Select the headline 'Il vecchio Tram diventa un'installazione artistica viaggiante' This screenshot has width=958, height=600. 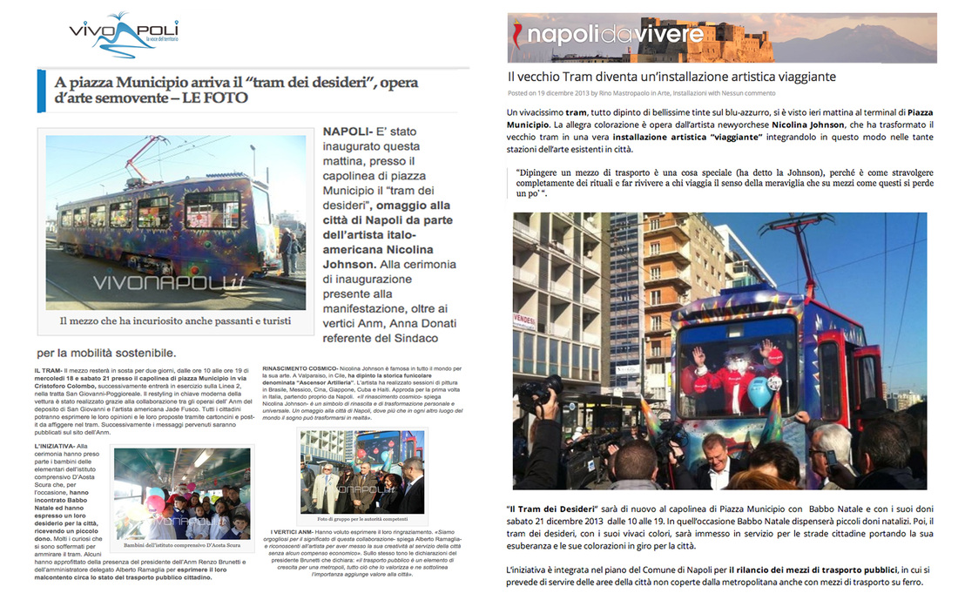tap(671, 77)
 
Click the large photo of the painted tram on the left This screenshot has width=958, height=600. tap(176, 222)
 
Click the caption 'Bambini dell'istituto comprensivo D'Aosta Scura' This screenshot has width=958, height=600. tap(181, 546)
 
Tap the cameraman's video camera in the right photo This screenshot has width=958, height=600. tap(545, 391)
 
